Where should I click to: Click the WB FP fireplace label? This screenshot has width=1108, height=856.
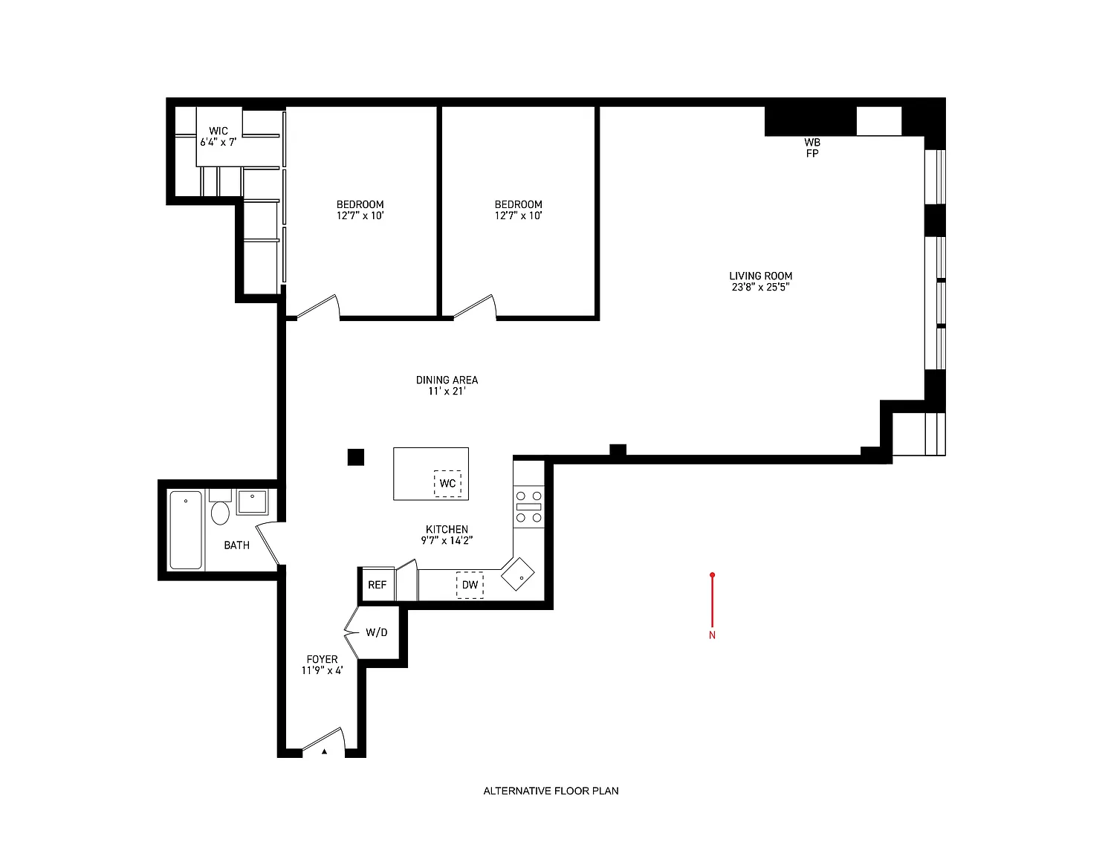812,148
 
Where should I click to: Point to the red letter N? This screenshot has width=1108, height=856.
713,635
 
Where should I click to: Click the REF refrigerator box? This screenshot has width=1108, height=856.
377,585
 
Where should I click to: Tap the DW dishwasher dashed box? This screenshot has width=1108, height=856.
470,586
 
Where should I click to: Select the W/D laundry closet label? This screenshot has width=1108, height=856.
376,632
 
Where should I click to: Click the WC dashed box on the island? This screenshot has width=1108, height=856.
447,483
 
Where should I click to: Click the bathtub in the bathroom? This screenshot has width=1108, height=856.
186,530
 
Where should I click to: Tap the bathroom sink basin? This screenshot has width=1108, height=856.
252,502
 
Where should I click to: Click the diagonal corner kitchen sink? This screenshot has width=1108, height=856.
517,574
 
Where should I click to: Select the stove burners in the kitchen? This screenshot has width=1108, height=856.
529,507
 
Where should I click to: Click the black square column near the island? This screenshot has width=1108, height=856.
356,457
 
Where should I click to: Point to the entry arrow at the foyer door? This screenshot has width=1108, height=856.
324,751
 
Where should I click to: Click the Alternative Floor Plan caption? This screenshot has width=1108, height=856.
551,791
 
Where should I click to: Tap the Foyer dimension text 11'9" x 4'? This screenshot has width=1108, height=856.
322,670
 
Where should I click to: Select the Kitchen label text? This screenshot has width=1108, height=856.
447,530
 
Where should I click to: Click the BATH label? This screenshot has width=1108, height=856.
236,545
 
